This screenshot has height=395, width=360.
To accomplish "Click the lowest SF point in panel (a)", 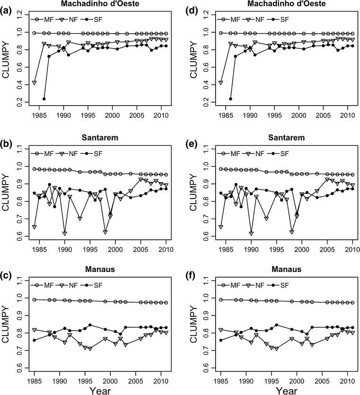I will tap(44, 99).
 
